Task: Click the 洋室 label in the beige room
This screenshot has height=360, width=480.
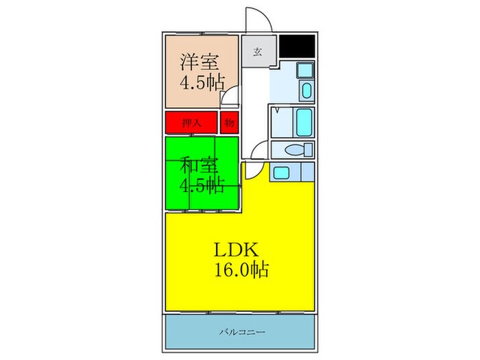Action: click(x=200, y=62)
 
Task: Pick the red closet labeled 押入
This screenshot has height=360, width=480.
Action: click(x=191, y=123)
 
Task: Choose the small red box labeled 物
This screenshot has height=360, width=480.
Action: click(x=229, y=123)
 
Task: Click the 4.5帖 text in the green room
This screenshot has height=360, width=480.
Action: click(x=202, y=185)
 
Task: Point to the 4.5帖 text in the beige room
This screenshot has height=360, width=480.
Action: click(x=202, y=83)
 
